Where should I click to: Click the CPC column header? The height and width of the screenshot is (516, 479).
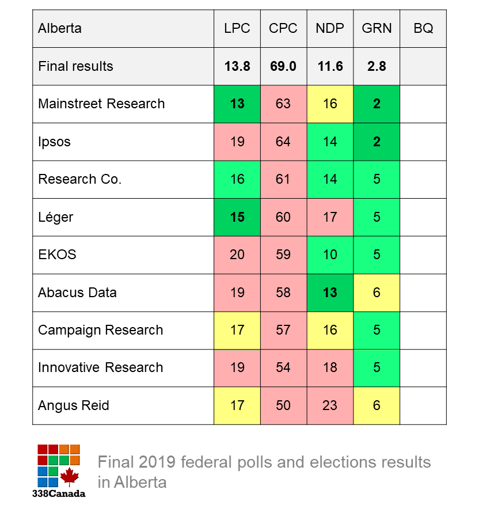pyautogui.click(x=283, y=28)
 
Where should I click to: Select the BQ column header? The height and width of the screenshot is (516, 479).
pyautogui.click(x=423, y=28)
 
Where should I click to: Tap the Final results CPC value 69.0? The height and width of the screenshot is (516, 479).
pyautogui.click(x=283, y=66)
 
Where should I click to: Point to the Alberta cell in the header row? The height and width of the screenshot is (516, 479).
pyautogui.click(x=60, y=28)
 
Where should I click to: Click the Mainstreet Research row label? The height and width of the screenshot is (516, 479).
pyautogui.click(x=101, y=104)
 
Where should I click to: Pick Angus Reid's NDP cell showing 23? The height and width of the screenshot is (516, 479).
pyautogui.click(x=330, y=405)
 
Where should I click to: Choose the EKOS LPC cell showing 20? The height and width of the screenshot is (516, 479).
pyautogui.click(x=237, y=255)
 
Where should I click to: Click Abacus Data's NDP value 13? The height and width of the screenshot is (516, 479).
pyautogui.click(x=330, y=293)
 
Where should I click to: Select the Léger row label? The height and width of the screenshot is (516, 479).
pyautogui.click(x=56, y=217)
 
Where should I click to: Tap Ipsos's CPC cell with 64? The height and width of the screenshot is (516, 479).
pyautogui.click(x=283, y=142)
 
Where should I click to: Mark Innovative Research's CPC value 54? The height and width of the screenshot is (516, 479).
pyautogui.click(x=283, y=367)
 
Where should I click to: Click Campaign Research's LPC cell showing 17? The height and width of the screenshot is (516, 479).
pyautogui.click(x=237, y=330)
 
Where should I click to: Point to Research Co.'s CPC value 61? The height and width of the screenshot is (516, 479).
pyautogui.click(x=283, y=179)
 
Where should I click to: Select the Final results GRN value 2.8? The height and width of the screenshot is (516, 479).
pyautogui.click(x=377, y=66)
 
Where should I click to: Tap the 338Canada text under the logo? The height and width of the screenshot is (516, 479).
pyautogui.click(x=59, y=494)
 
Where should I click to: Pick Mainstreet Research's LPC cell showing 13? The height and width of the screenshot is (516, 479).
pyautogui.click(x=237, y=104)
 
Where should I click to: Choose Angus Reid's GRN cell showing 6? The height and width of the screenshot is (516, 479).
pyautogui.click(x=377, y=405)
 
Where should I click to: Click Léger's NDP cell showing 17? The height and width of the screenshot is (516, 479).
pyautogui.click(x=330, y=217)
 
